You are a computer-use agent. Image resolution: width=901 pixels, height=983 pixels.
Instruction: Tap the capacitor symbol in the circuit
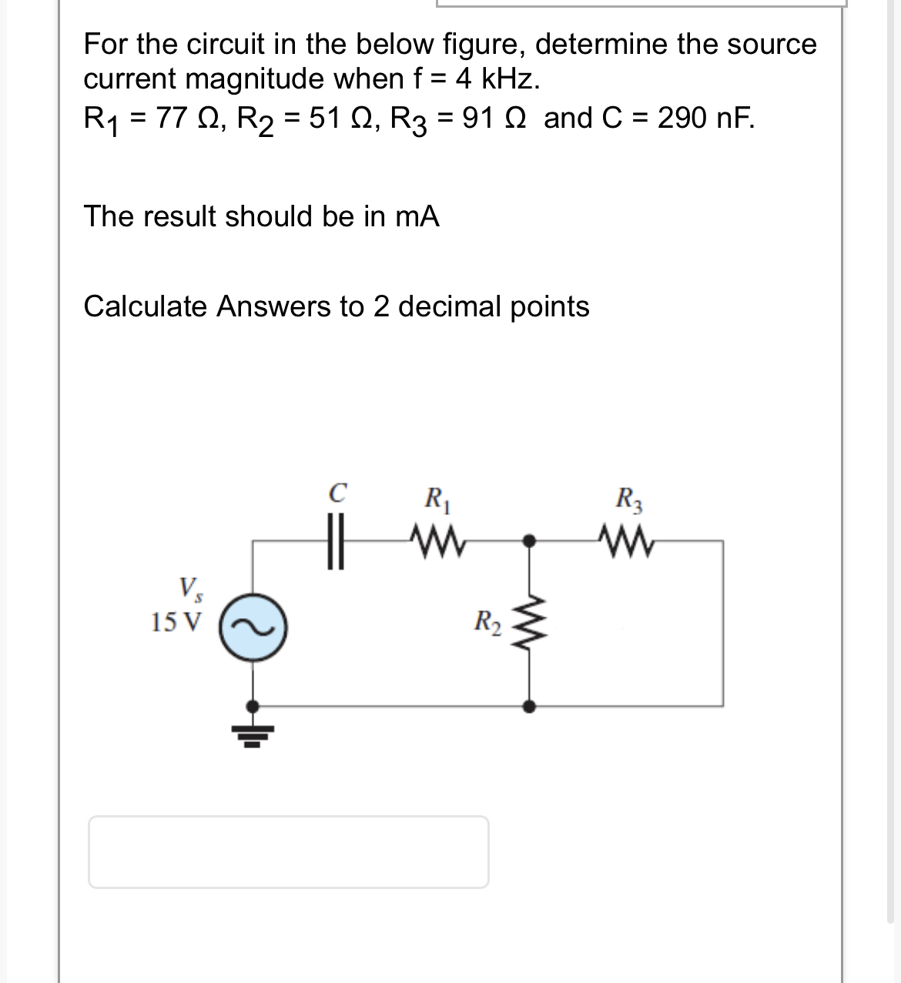[x=334, y=541]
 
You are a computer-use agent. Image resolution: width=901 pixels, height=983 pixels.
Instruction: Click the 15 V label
[x=176, y=620]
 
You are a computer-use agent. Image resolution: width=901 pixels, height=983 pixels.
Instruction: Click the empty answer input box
[x=288, y=851]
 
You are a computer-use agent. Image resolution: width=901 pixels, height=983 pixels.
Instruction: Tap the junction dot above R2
[x=528, y=540]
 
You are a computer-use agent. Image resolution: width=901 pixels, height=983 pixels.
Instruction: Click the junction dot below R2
[x=528, y=705]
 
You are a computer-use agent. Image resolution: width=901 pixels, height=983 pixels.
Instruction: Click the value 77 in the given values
[x=170, y=119]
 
